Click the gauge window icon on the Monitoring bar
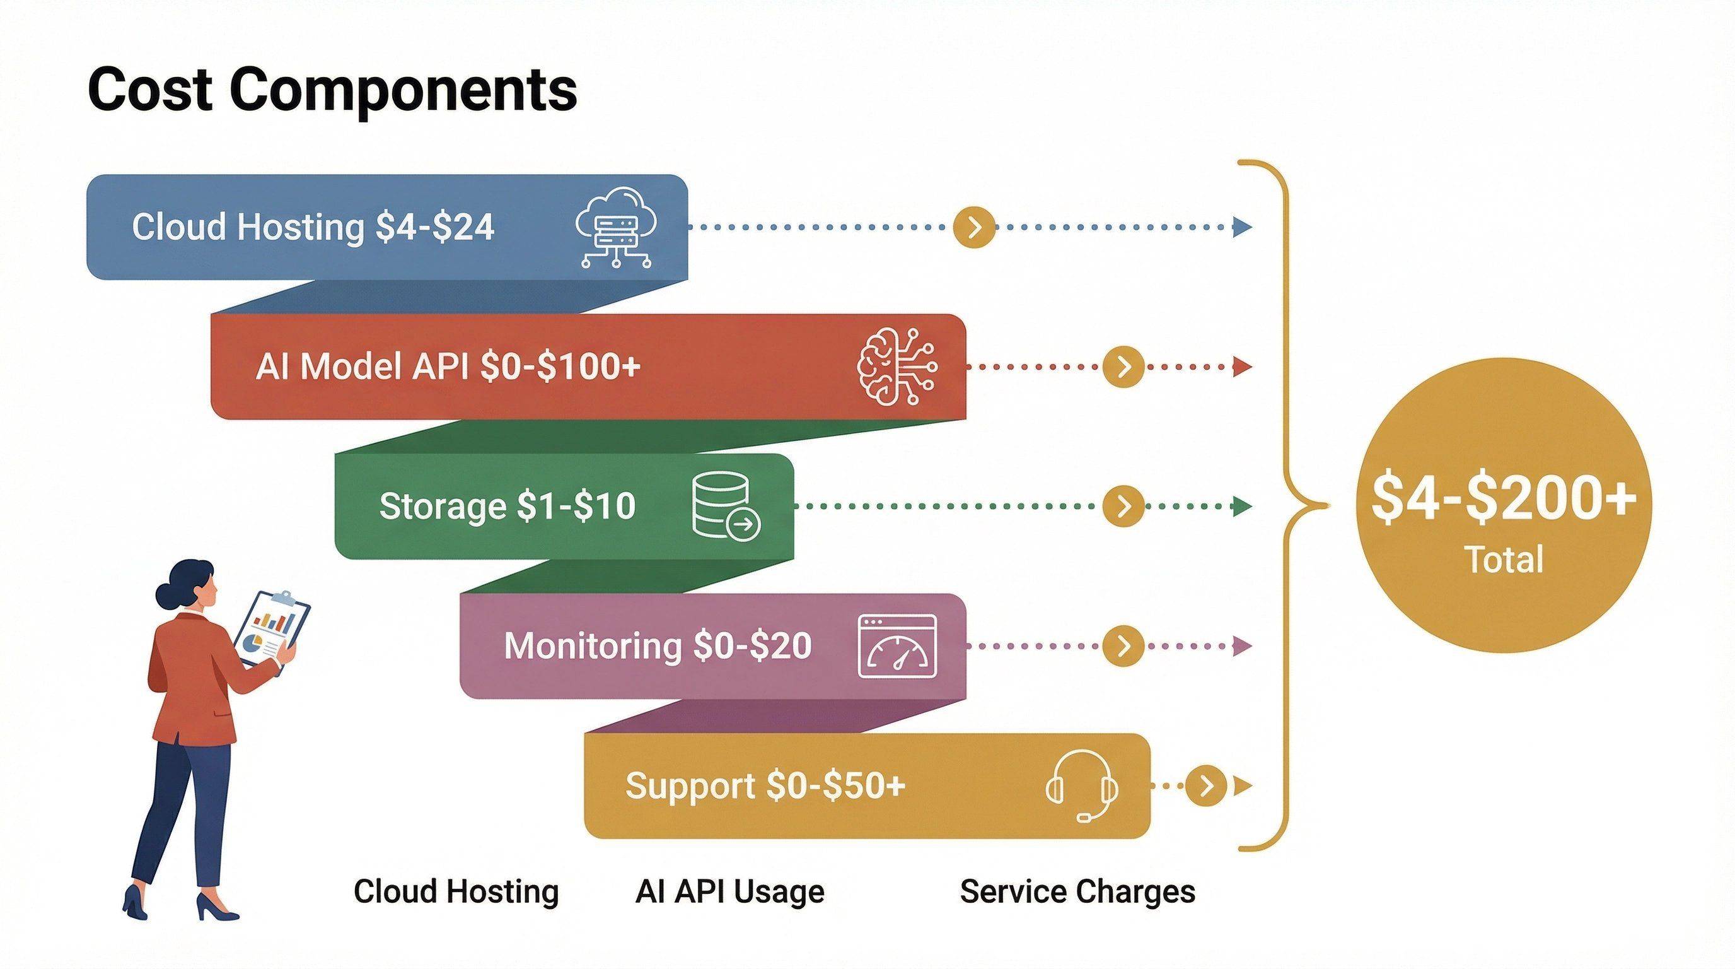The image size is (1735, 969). coord(897,646)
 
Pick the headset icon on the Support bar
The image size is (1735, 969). coord(1082,785)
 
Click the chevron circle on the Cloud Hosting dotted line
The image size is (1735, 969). coord(974,228)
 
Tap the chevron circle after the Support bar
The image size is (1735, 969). coord(1205,785)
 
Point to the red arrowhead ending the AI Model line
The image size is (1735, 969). coord(1242,367)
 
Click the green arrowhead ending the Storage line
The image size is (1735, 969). coord(1242,506)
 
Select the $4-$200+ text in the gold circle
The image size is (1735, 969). coord(1503,499)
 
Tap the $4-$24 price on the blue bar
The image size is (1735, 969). coord(435,226)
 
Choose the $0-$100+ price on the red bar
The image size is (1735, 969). coord(560,367)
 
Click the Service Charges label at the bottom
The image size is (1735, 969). coord(1077,891)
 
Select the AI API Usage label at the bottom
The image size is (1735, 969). coord(729,891)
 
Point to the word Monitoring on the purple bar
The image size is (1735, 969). coord(593,645)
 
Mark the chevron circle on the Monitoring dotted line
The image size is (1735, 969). coord(1123,646)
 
